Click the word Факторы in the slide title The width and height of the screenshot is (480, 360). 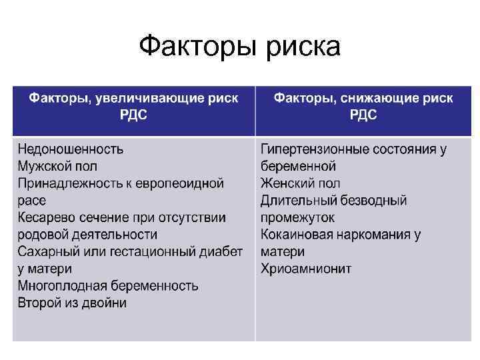click(x=195, y=47)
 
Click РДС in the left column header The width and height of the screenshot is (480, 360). click(x=133, y=115)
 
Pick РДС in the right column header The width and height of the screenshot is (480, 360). click(x=363, y=115)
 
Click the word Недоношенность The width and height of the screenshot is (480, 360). click(x=70, y=149)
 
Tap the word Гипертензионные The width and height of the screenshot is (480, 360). click(x=315, y=149)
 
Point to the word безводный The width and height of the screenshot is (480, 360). click(x=379, y=201)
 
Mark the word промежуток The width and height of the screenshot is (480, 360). click(x=297, y=218)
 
